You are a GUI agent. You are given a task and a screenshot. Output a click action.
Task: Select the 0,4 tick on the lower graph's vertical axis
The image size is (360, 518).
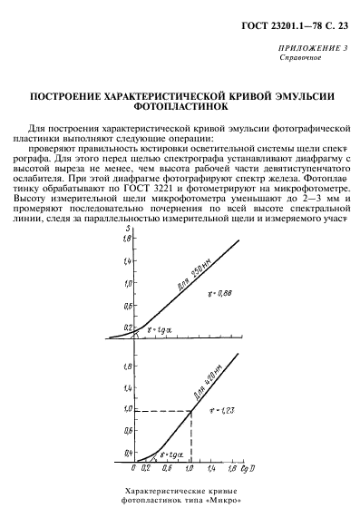click(126, 450)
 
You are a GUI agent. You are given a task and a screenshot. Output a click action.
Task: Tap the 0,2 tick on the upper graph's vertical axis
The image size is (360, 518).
click(126, 327)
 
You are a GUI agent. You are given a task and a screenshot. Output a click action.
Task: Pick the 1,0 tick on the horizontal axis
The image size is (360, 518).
click(190, 469)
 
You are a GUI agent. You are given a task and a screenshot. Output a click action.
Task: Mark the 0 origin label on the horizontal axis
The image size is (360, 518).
click(133, 469)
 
